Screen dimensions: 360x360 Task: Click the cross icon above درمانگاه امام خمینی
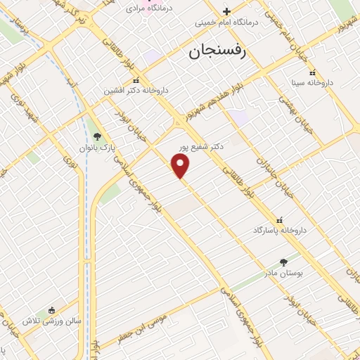click(x=226, y=11)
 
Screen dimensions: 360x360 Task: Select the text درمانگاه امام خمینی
click(x=226, y=22)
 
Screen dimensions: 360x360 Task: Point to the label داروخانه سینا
click(x=313, y=83)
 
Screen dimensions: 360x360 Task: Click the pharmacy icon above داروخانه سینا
click(x=313, y=72)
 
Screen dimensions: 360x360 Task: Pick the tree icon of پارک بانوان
click(x=97, y=137)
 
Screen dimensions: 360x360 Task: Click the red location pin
click(x=181, y=165)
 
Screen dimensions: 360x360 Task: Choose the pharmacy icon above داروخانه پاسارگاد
click(x=281, y=219)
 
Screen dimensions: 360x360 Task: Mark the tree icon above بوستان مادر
click(x=284, y=262)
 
